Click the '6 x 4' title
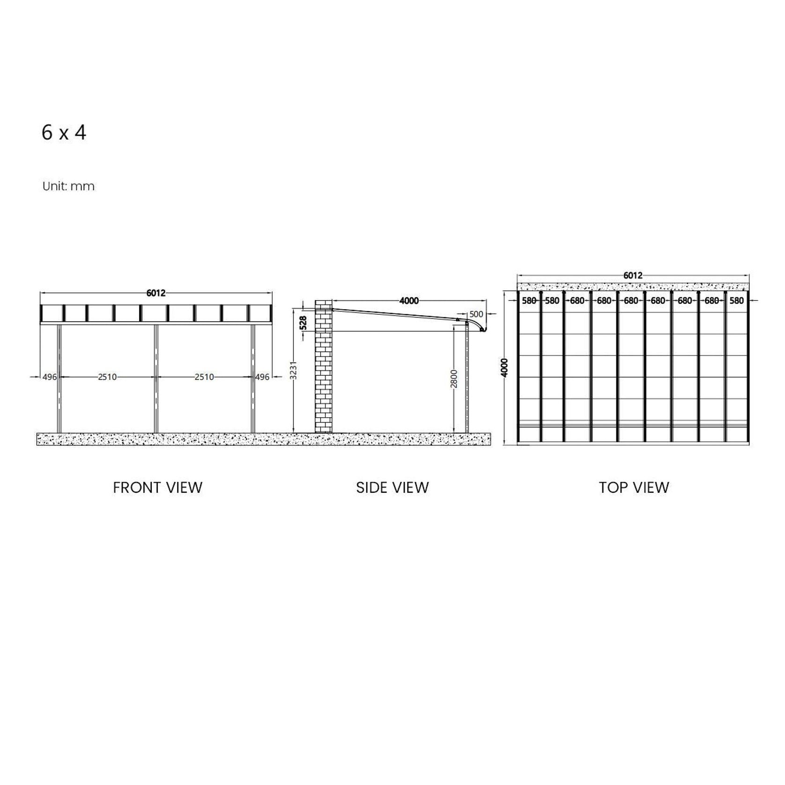click(x=64, y=133)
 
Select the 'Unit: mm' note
click(x=68, y=186)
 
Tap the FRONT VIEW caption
click(x=157, y=488)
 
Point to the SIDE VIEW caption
click(x=392, y=488)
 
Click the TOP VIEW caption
click(x=634, y=488)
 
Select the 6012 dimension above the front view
click(x=156, y=293)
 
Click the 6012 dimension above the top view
click(x=633, y=275)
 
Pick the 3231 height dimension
click(x=294, y=370)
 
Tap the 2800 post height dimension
click(x=454, y=378)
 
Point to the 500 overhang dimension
click(x=476, y=314)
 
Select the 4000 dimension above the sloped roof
click(x=409, y=301)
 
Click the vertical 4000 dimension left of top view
click(x=504, y=368)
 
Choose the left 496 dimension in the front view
click(x=49, y=377)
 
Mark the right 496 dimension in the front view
click(x=262, y=377)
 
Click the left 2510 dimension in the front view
click(x=107, y=377)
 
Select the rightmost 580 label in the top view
click(x=736, y=301)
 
